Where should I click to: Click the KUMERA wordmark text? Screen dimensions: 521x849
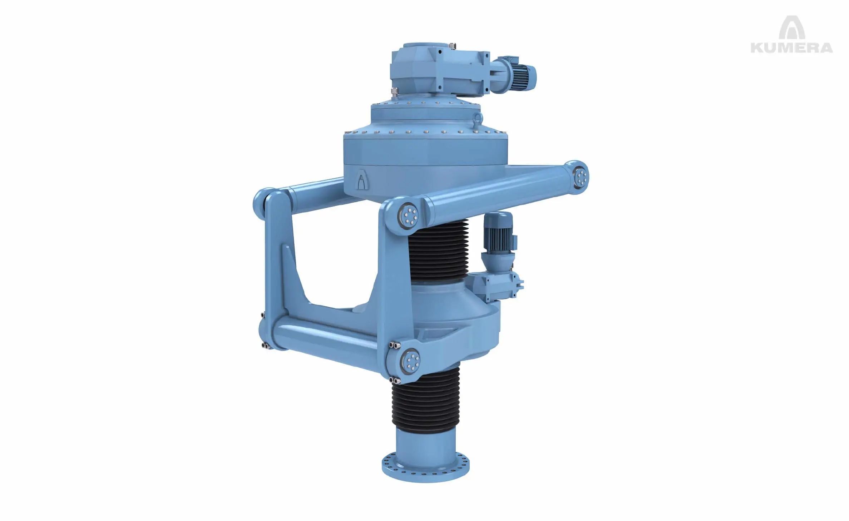click(x=791, y=47)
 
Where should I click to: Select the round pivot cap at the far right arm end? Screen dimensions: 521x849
click(x=581, y=176)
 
